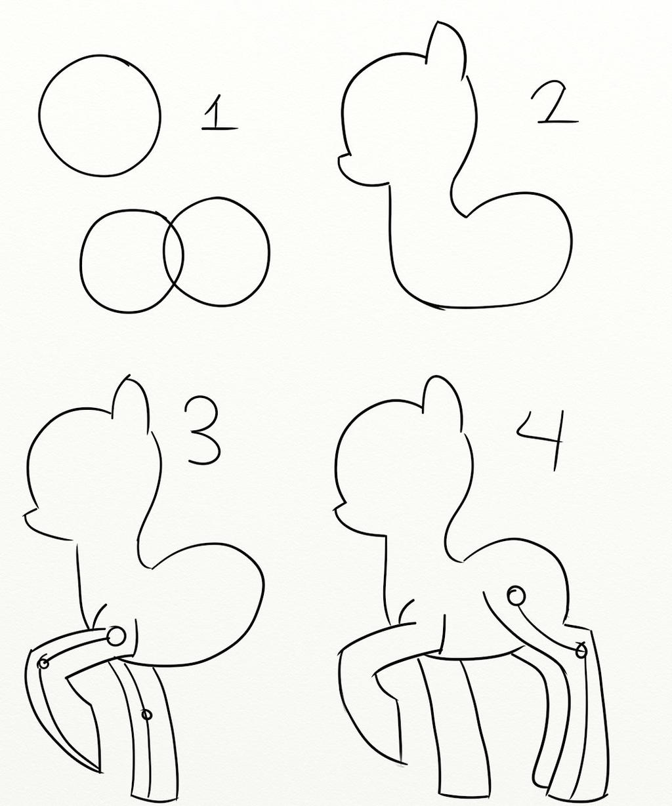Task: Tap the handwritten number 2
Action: click(x=555, y=104)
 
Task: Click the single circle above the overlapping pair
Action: click(x=99, y=115)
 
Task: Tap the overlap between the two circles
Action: click(x=174, y=256)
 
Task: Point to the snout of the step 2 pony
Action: click(x=346, y=165)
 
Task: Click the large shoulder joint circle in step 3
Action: click(x=116, y=635)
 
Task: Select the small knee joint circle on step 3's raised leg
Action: click(x=44, y=663)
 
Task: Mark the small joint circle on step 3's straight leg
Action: click(x=146, y=714)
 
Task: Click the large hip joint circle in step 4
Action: click(x=516, y=596)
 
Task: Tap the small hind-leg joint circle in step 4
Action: click(x=580, y=651)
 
